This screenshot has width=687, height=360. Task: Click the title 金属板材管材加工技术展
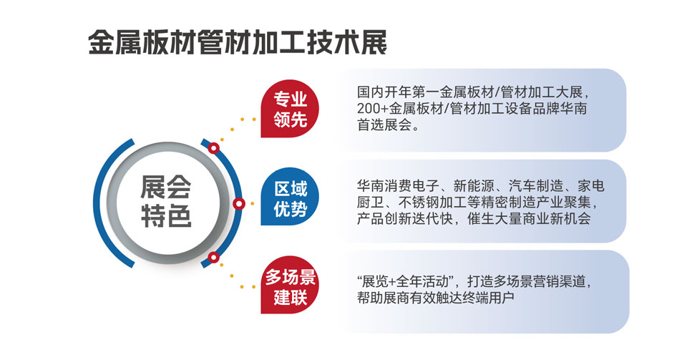pos(238,42)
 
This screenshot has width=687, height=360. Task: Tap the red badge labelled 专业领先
pos(290,109)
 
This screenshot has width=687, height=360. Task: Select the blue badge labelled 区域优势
pos(290,197)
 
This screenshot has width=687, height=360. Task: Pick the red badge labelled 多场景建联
pos(290,285)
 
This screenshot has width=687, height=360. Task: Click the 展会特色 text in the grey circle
pos(166,201)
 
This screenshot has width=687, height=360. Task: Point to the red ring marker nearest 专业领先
pos(213,148)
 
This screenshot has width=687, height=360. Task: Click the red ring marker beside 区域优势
pos(239,203)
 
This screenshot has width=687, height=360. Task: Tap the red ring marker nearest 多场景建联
pos(213,258)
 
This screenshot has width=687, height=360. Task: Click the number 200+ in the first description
pos(372,109)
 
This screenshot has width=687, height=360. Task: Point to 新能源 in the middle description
pos(474,186)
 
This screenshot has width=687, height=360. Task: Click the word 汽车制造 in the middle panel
pos(536,186)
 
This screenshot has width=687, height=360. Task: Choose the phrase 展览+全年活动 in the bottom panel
pos(406,281)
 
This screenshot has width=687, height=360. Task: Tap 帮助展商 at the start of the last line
pos(384,297)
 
